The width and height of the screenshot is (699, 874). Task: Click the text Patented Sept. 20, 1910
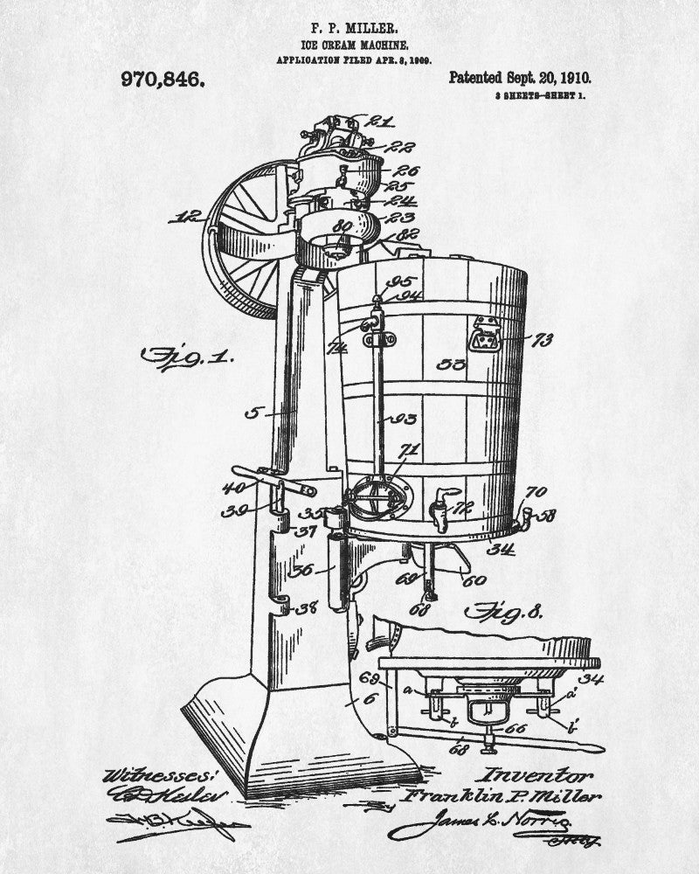coord(514,78)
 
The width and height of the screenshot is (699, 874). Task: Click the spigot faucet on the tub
coord(440,512)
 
